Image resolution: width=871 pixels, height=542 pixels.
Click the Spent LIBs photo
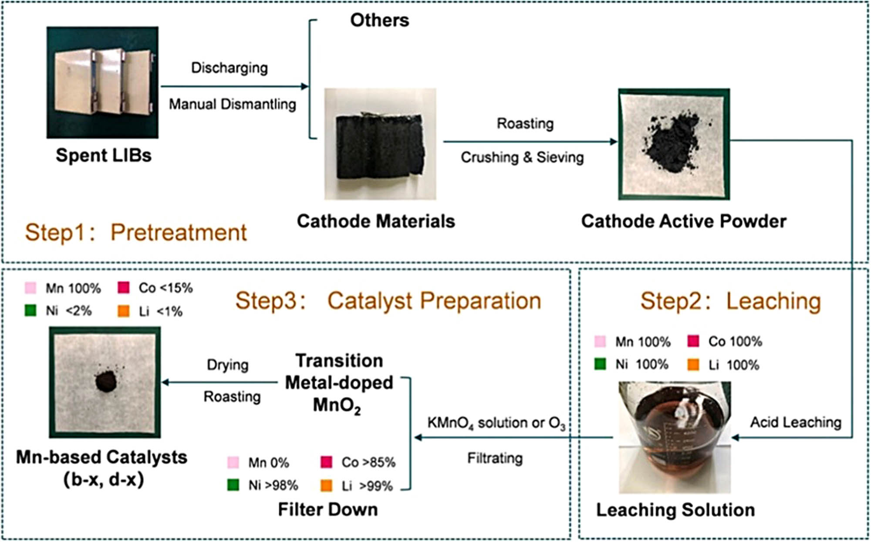coord(102,82)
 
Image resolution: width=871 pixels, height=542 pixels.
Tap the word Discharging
coord(230,68)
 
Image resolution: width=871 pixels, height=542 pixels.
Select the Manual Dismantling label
coord(233,104)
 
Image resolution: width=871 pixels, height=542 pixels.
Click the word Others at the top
coord(380,20)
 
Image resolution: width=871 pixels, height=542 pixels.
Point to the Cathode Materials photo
coord(380,144)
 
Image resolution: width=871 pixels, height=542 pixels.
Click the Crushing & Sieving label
coord(522,157)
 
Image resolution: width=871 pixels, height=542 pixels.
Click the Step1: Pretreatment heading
coord(136,232)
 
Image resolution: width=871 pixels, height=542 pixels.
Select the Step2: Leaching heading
coord(730,301)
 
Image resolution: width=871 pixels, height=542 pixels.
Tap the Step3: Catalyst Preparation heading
coord(388,301)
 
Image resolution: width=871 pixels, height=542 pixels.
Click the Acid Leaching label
coord(795,422)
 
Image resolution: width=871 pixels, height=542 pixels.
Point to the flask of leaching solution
coord(675,437)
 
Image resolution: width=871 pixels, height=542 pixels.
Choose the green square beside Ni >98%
coord(233,485)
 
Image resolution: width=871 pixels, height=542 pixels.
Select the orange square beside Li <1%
coord(124,311)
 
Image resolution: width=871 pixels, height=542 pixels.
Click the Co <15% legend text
coord(165,288)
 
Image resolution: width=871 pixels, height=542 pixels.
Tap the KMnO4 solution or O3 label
coord(496,423)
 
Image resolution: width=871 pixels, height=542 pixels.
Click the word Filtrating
coord(495,458)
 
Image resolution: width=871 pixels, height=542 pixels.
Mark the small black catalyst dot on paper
coord(106,382)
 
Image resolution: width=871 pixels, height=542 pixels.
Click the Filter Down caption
coord(328,509)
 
